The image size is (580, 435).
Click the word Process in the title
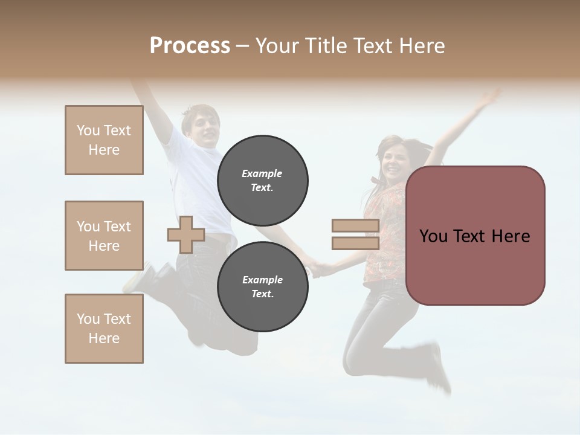(x=190, y=45)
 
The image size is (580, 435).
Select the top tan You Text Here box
(x=104, y=140)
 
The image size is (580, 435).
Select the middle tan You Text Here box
(x=104, y=236)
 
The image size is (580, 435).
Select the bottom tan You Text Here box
(x=104, y=329)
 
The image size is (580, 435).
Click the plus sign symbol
(x=185, y=234)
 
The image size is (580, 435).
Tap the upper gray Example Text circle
(x=262, y=180)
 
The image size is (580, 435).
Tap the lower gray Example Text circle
(x=262, y=286)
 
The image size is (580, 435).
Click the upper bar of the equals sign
(x=355, y=225)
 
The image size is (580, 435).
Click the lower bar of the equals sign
(x=355, y=243)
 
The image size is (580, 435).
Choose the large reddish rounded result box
(x=475, y=236)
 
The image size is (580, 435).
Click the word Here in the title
(x=422, y=46)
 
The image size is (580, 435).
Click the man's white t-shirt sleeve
(x=176, y=145)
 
